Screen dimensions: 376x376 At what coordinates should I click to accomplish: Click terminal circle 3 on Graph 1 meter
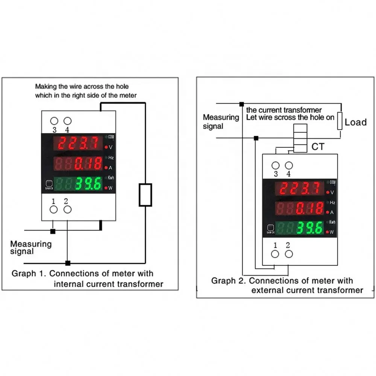point(54,121)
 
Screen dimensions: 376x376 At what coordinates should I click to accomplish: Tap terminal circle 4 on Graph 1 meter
point(68,121)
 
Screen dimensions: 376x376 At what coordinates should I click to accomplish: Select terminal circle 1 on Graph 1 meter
point(54,209)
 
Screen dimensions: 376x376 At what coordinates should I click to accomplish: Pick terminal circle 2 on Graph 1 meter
point(67,209)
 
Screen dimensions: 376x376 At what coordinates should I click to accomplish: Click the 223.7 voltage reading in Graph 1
point(78,143)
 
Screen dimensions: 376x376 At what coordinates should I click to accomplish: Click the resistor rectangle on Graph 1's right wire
point(146,195)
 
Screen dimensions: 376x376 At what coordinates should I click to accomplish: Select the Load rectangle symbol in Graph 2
point(340,121)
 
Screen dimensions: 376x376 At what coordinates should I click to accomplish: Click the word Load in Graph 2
point(355,122)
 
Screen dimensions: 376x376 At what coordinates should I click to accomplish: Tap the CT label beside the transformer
point(318,147)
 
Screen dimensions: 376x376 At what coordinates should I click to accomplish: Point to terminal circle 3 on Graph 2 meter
point(276,165)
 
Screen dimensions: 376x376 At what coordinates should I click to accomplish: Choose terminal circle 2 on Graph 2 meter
point(288,254)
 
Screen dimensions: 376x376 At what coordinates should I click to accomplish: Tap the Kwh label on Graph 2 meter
point(332,222)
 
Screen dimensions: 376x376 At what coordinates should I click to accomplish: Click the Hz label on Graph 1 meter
point(111,158)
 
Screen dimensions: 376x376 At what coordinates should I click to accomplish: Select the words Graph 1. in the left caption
point(29,273)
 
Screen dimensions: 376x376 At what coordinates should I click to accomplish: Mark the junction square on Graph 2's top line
point(241,104)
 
